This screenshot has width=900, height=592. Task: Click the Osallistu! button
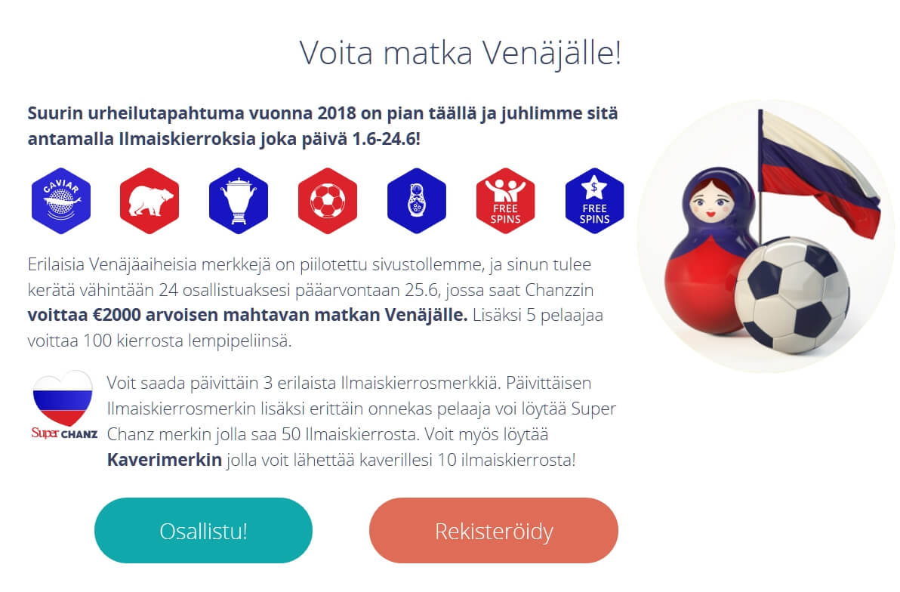tap(203, 531)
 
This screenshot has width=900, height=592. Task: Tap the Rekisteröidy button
tap(494, 531)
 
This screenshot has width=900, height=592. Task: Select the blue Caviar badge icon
tap(61, 201)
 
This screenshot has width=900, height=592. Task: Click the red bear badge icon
tap(149, 201)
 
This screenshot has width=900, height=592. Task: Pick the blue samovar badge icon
tap(239, 201)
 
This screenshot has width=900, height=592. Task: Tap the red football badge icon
tap(328, 201)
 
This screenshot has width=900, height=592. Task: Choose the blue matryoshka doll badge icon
tap(417, 201)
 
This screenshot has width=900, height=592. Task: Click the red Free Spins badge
tap(506, 201)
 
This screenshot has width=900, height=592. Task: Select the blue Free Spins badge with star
tap(594, 201)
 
